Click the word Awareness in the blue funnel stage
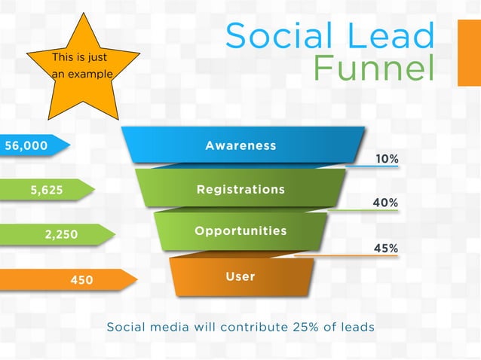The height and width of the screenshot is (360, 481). [240, 145]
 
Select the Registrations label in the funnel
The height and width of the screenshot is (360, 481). [240, 189]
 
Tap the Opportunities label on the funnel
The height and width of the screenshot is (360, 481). [240, 230]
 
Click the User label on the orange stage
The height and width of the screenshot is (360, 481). [240, 276]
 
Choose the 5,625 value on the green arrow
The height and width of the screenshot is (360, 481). [47, 191]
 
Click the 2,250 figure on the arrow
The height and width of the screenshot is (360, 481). [61, 235]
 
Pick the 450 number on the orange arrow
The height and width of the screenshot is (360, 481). [81, 280]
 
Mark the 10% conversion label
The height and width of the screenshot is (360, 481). [387, 159]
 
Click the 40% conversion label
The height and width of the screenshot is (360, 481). [386, 203]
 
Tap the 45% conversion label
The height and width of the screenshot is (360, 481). [386, 248]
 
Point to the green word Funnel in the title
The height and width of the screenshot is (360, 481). [374, 69]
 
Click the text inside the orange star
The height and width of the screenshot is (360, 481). [82, 66]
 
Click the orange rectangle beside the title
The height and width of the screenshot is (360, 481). [469, 53]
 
